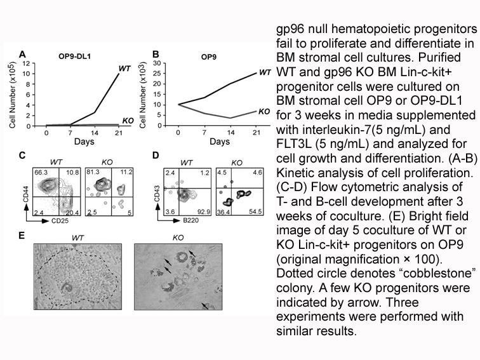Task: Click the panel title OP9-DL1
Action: pos(74,57)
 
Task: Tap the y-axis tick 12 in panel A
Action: pos(27,63)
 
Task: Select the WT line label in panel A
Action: pos(124,69)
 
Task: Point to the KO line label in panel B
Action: pos(264,112)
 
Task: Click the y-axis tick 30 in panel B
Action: pos(157,63)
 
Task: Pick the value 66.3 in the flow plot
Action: pos(41,172)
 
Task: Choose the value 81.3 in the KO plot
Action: pos(93,172)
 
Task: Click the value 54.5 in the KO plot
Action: pos(256,211)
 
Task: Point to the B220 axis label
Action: pos(190,220)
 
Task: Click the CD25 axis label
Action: pos(60,221)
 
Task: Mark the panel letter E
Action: pos(22,236)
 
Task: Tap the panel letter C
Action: pos(22,155)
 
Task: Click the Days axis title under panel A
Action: pos(84,142)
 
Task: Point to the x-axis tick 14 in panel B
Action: pos(231,133)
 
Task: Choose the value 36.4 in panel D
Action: pos(223,211)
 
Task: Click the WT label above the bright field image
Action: pos(77,237)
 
